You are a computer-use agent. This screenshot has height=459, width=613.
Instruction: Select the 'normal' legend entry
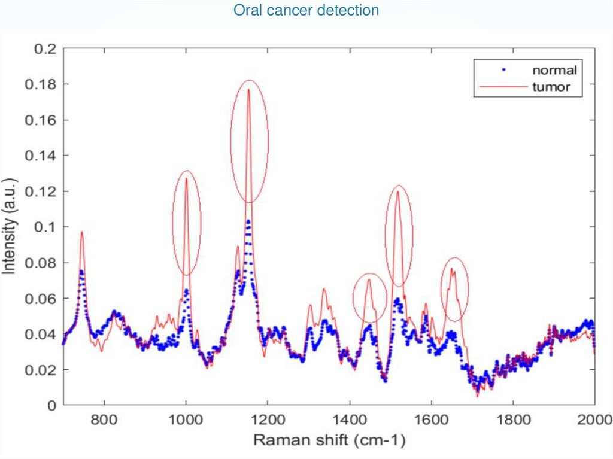click(554, 70)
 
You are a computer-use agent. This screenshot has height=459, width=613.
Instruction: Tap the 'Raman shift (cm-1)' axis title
click(329, 442)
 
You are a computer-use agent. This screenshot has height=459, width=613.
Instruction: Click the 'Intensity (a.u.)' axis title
click(10, 227)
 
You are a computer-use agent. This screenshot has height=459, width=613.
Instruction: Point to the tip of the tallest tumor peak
click(248, 89)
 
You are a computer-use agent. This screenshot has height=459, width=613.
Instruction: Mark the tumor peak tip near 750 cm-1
click(81, 232)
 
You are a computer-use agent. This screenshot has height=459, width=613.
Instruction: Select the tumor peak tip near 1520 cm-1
click(397, 191)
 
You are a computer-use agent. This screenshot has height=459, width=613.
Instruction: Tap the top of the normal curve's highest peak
click(248, 221)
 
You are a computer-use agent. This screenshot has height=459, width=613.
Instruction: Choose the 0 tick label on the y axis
click(52, 405)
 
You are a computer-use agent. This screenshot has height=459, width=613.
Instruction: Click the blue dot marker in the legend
click(505, 70)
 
